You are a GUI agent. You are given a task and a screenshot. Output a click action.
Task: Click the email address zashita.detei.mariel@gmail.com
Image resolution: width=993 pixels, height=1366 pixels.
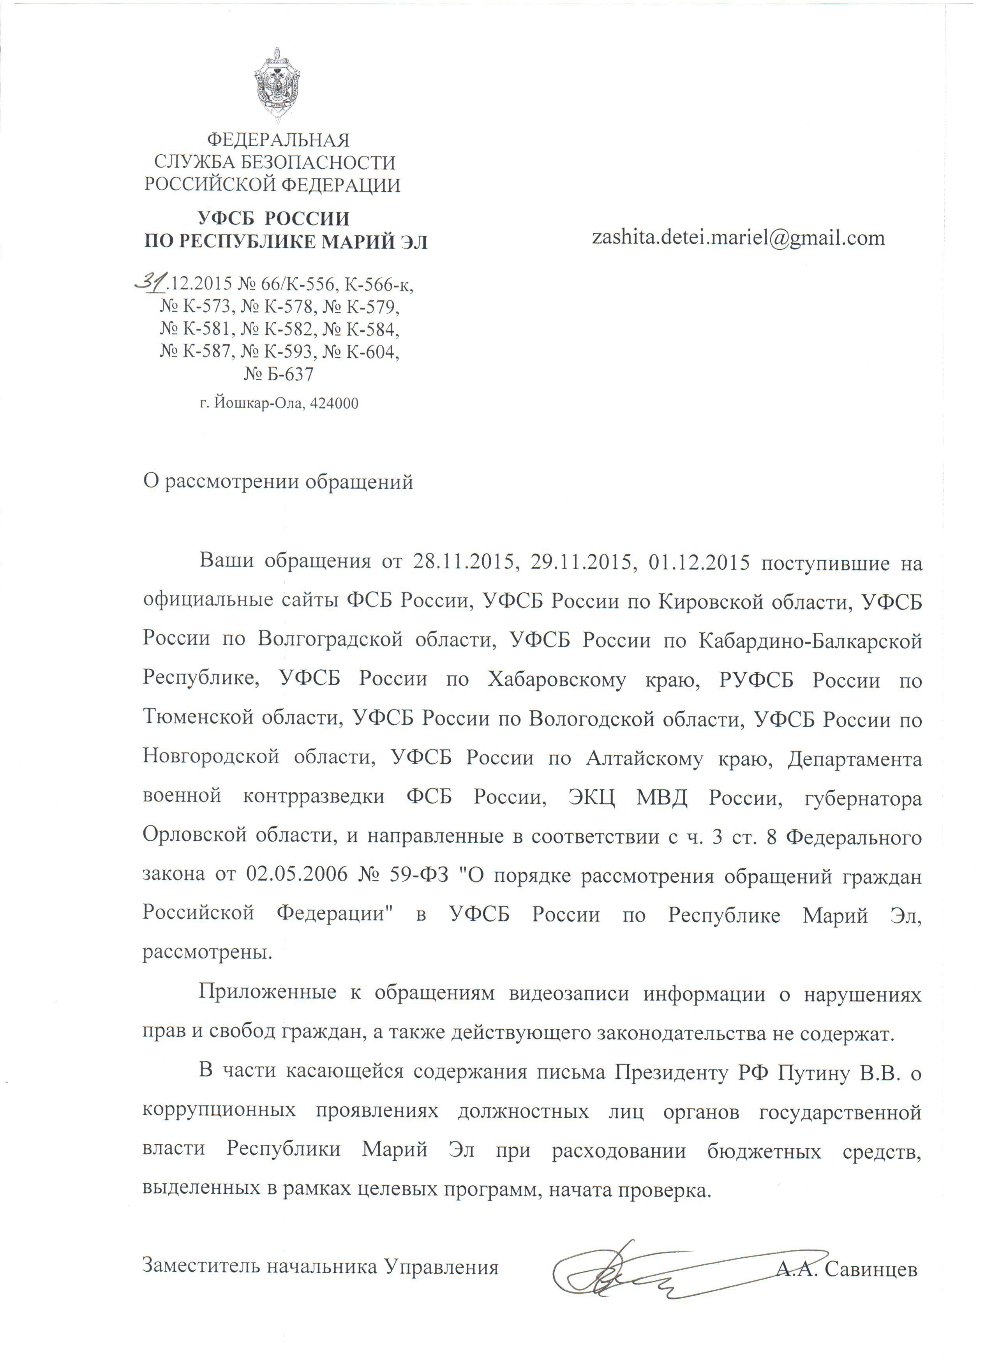(x=738, y=238)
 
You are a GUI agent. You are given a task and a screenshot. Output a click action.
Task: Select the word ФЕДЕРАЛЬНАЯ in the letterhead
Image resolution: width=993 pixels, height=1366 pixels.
(x=278, y=140)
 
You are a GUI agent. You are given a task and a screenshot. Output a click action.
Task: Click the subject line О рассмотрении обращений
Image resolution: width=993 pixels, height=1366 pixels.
(x=278, y=482)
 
